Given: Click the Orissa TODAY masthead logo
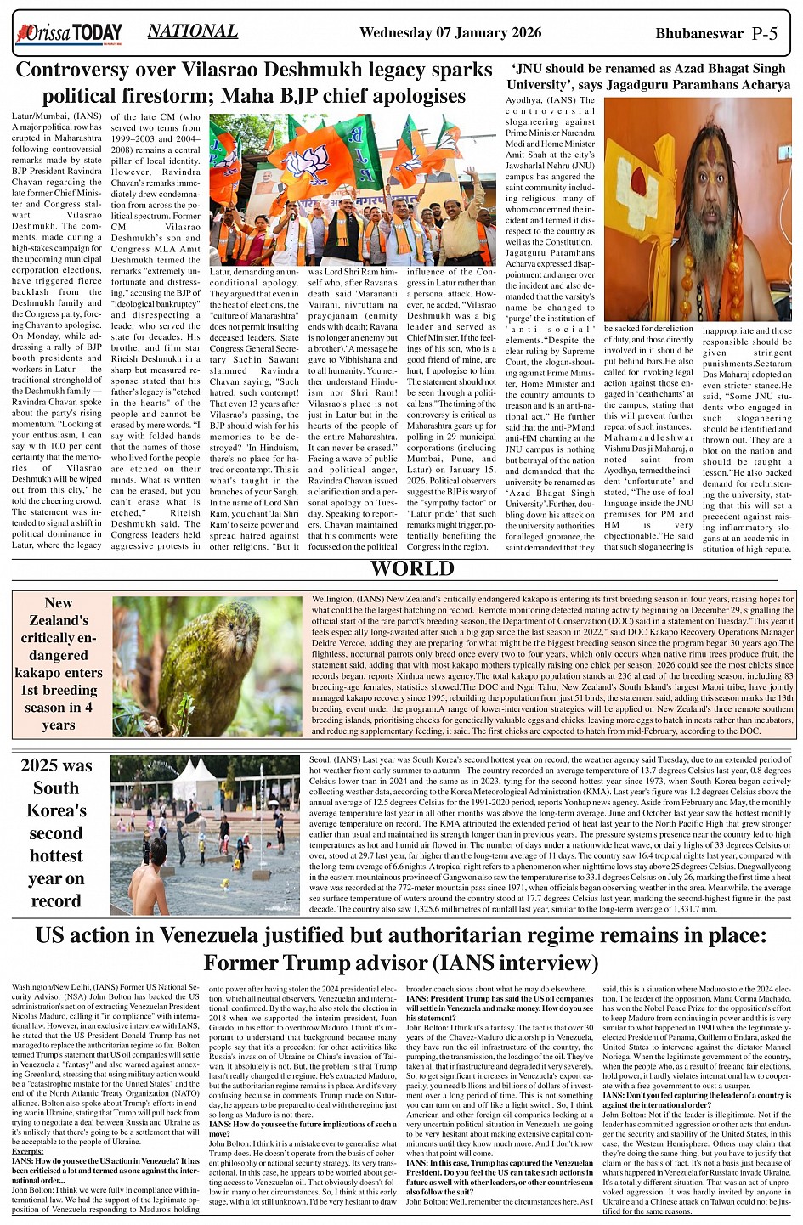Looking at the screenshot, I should pyautogui.click(x=69, y=34).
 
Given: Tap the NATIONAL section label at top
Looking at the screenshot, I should pyautogui.click(x=192, y=31).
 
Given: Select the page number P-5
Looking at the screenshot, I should pyautogui.click(x=765, y=34).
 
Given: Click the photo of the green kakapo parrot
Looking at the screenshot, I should pyautogui.click(x=207, y=665).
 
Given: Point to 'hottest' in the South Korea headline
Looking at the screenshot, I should pyautogui.click(x=56, y=855).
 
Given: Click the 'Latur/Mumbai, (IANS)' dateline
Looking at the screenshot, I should pyautogui.click(x=56, y=116).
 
